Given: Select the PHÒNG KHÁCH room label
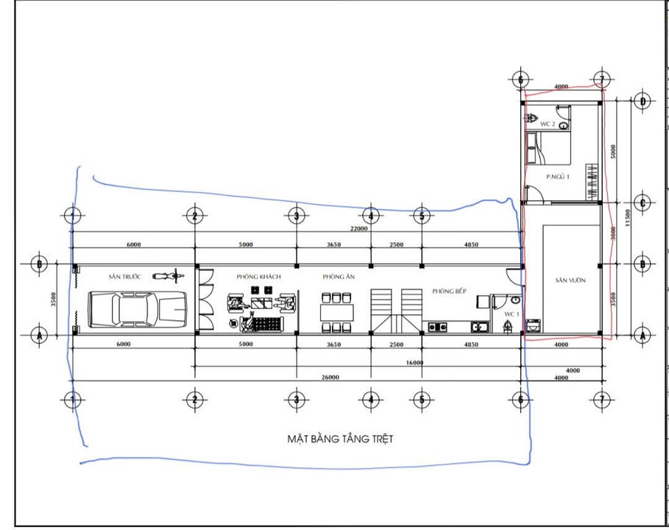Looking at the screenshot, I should coord(259,277).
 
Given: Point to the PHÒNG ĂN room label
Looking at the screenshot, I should coord(339,277).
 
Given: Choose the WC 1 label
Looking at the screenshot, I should coord(511,314).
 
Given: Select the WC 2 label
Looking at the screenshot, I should coord(547,124).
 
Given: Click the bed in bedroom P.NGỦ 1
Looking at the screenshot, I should coord(548,151).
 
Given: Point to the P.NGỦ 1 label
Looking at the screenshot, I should coord(558,177).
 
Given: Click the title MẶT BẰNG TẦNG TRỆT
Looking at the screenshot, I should coord(340,439).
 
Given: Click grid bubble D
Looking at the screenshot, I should coord(643,102).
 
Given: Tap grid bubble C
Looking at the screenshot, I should coord(643,202).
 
